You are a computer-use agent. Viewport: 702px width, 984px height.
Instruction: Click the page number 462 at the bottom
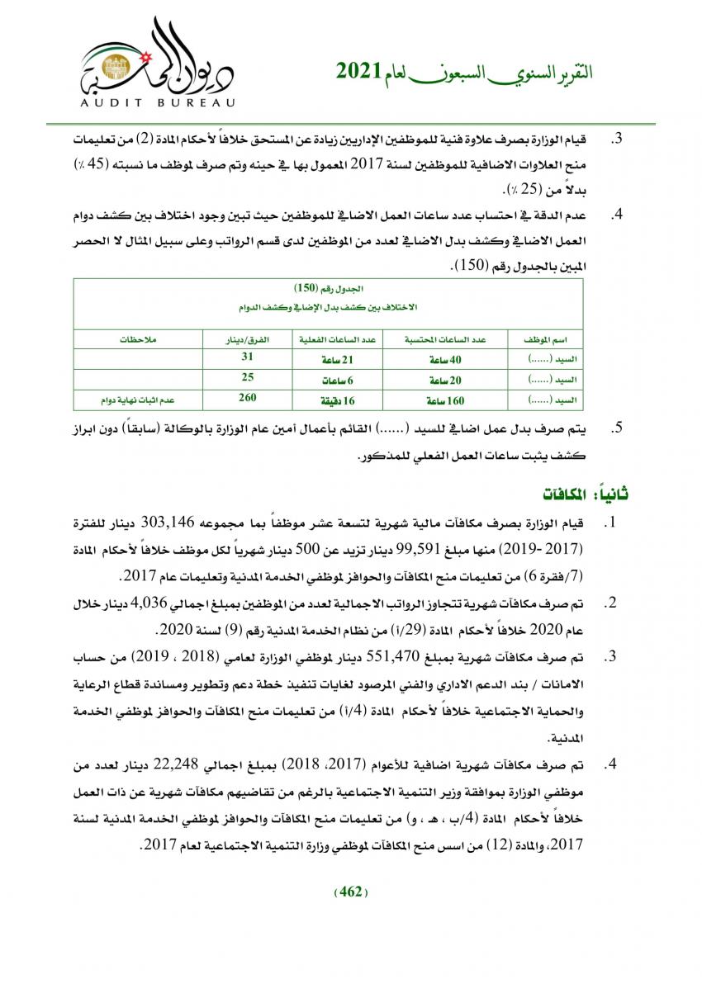(352, 891)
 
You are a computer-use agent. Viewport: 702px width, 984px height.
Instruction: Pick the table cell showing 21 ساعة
(335, 360)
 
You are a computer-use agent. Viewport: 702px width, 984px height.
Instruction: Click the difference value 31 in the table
(246, 357)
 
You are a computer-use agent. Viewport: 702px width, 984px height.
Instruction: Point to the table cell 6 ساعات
(335, 381)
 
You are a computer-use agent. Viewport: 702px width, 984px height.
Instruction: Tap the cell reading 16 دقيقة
(335, 401)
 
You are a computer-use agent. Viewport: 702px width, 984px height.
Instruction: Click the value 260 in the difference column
(246, 398)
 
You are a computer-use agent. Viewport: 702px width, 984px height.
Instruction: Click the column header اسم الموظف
(546, 339)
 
